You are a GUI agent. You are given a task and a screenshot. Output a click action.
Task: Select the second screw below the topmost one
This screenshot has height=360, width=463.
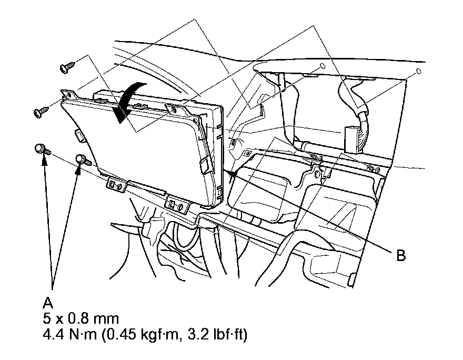[41, 111]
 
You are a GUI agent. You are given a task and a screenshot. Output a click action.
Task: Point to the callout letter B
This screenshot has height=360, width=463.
[400, 256]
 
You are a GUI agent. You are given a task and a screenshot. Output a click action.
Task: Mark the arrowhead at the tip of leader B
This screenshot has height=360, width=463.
[231, 173]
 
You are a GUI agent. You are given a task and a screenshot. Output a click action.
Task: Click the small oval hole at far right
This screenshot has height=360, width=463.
[418, 71]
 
